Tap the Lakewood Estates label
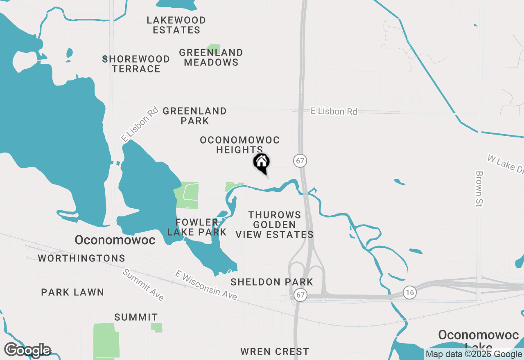point(176,25)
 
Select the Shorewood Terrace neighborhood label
point(136,64)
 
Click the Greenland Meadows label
point(211,57)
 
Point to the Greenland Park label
point(194,116)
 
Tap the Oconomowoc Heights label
point(239,145)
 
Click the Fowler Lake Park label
point(197,227)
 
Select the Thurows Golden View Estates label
point(274,225)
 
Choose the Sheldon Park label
point(272,282)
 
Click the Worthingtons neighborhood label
point(81,258)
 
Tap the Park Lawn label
point(72,292)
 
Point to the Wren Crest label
point(275,351)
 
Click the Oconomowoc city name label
point(115,240)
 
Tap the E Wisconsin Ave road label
point(206,285)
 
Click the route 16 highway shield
point(409,292)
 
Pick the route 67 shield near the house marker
point(300,160)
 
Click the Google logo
point(27,350)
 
